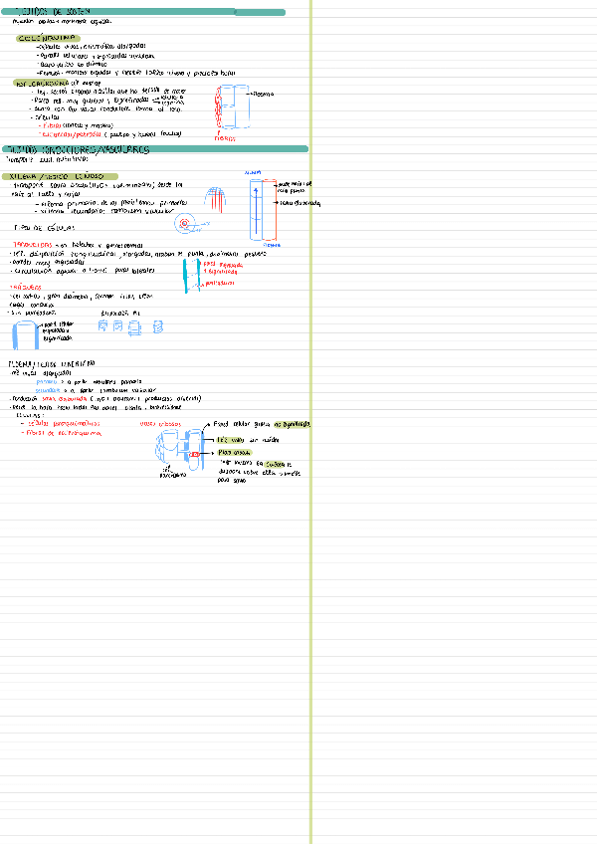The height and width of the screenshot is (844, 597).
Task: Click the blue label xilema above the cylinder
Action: coord(253,171)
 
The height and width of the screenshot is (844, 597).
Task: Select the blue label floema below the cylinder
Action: coord(259,243)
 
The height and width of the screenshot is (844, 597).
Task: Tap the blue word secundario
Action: coord(49,389)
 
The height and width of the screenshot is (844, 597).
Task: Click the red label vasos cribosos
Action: coord(161,423)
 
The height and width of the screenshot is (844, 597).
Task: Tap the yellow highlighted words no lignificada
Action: coord(279,424)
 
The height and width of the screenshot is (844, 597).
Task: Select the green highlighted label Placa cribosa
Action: coord(235,452)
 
